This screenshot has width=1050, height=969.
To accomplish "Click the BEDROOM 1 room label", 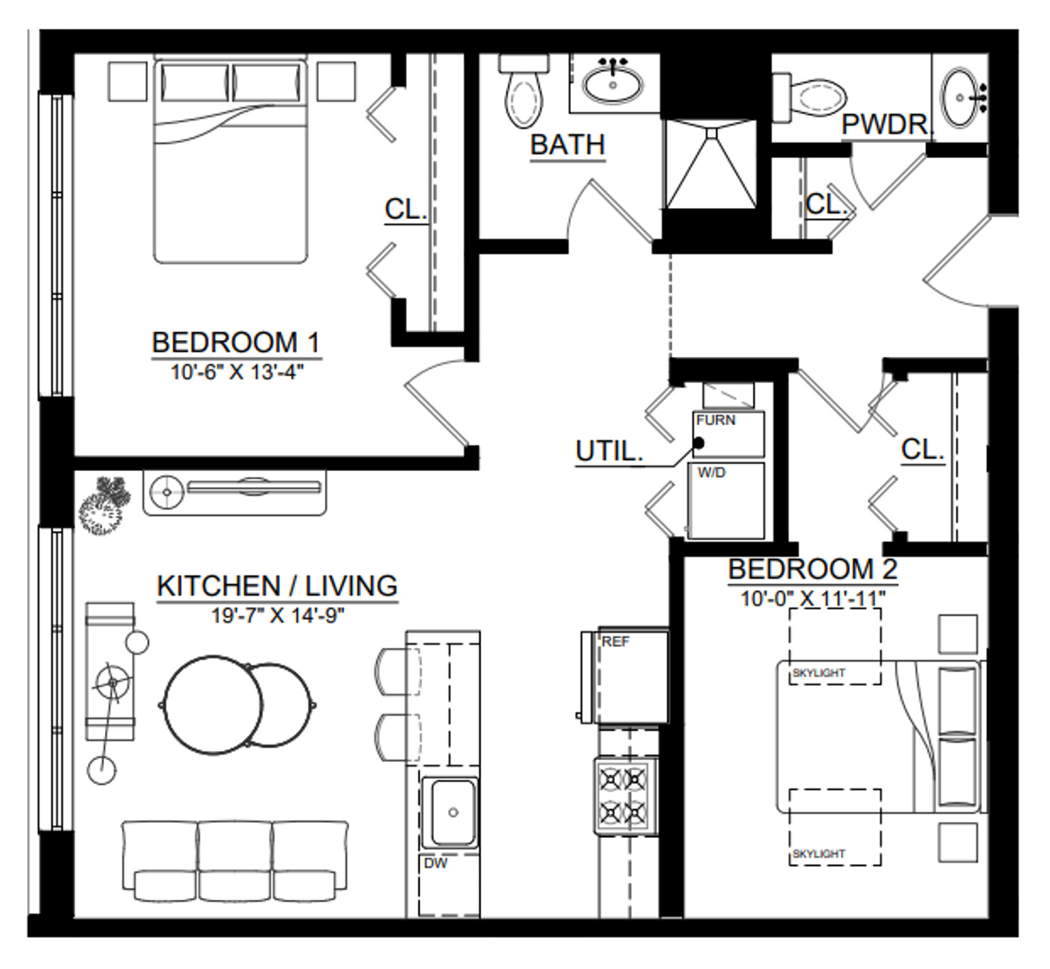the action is (x=236, y=342).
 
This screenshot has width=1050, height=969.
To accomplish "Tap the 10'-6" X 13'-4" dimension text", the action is (x=237, y=371).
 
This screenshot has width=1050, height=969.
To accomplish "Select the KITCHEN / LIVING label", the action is (x=277, y=586).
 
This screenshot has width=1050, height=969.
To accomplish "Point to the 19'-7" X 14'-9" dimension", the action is (x=278, y=615).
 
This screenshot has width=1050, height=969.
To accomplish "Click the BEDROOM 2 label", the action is (x=812, y=569).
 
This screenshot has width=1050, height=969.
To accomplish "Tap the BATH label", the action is (x=568, y=144).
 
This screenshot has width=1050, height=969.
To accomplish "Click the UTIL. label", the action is (x=608, y=451).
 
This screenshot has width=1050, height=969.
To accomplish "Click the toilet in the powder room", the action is (x=809, y=98).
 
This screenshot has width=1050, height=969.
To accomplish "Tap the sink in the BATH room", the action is (x=613, y=83).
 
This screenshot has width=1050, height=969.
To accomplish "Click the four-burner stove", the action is (x=623, y=796).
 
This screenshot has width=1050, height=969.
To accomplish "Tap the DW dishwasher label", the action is (x=435, y=863).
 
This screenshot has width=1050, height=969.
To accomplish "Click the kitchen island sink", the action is (x=452, y=812).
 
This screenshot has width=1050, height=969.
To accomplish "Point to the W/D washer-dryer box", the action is (x=727, y=501).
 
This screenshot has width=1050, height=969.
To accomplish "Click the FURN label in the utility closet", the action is (x=715, y=420).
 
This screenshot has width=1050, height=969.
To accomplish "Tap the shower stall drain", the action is (x=711, y=132).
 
